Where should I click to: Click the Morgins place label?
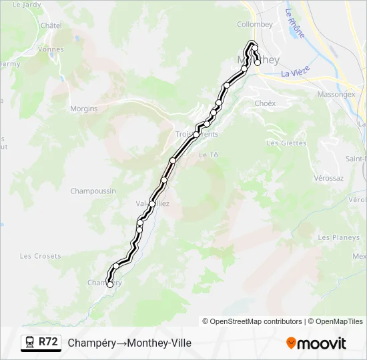[84, 109]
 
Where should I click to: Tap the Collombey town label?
[255, 24]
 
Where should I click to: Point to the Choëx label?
[265, 103]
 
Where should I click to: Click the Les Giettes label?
[286, 143]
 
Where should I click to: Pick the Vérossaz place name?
[328, 179]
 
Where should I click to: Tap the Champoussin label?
[93, 191]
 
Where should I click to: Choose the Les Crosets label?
[40, 256]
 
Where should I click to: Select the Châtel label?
[51, 25]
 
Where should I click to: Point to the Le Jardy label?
[27, 4]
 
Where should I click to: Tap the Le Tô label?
[209, 155]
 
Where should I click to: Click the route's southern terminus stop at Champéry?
[110, 285]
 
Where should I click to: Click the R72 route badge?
[48, 342]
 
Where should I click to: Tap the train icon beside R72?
[30, 343]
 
